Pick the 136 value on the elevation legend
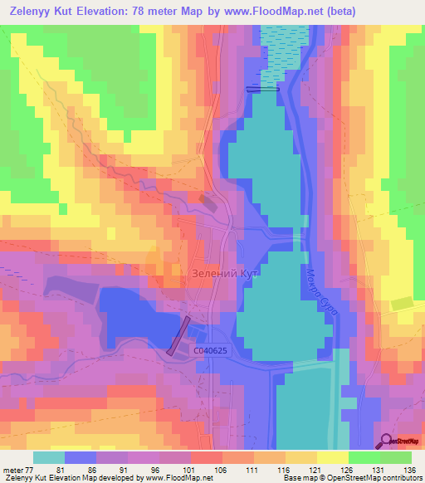(411, 469)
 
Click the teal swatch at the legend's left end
(48, 456)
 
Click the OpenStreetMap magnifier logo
(387, 441)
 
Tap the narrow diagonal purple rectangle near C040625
(179, 335)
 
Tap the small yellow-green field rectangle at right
(403, 304)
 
